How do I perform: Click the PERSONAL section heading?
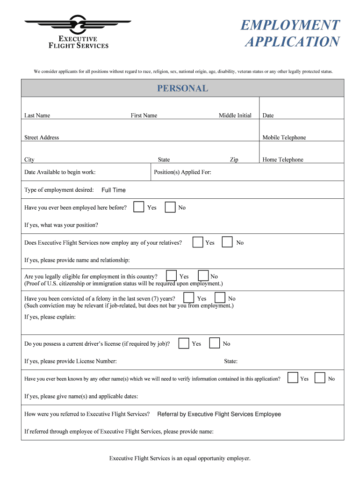coord(182,88)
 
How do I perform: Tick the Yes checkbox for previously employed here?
coord(138,207)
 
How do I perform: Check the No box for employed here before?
coord(170,207)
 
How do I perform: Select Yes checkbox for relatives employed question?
coord(198,242)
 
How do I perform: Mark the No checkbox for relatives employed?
coord(227,242)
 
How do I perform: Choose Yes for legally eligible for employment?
coord(172,276)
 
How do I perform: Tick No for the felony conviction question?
coord(220,298)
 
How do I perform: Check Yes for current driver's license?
coord(184,343)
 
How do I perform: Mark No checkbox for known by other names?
coord(320,377)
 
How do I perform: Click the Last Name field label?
coord(37,116)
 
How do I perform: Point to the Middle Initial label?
coord(235,116)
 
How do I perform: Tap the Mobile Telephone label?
coord(284,138)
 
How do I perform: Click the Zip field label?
coord(234,160)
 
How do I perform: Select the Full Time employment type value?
coord(114,190)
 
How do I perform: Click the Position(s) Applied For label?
coord(182,172)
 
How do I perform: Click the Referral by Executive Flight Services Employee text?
coord(219,414)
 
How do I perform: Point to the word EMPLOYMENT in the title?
coord(290,25)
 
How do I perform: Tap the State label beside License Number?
coord(230,361)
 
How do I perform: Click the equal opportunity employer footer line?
coord(180,458)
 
